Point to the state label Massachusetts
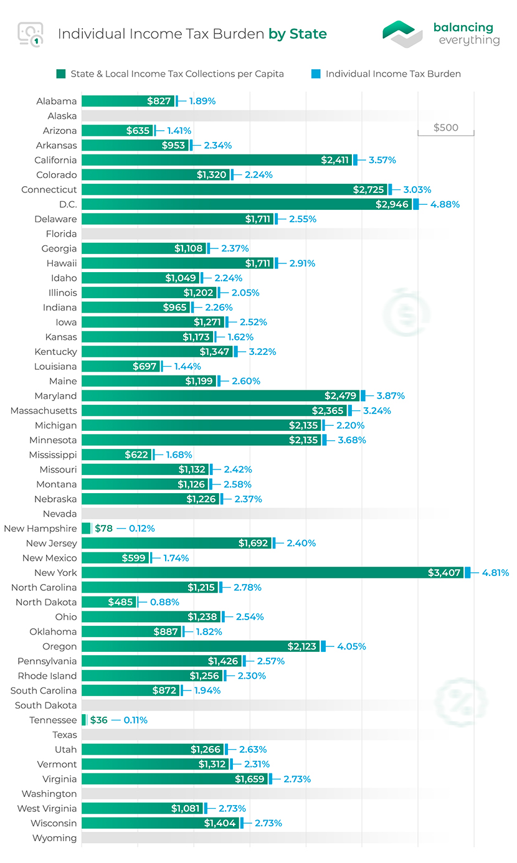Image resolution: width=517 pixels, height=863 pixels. point(44,411)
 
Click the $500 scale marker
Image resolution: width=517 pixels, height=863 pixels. point(445,128)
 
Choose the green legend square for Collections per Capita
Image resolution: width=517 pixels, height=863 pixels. point(60,73)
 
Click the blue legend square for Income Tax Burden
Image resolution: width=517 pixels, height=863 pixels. point(316,73)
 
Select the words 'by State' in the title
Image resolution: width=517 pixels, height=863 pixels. point(297,34)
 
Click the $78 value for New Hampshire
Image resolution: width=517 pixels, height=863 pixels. point(103,529)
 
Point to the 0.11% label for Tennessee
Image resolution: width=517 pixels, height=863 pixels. point(135,720)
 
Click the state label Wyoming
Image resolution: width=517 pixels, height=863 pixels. point(55,838)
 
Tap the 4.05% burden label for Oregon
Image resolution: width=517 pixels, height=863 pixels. point(351,646)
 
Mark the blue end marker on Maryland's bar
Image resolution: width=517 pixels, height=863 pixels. point(363,396)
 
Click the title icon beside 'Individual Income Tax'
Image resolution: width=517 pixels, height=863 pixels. point(31,34)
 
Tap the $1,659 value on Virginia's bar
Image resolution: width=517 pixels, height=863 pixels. point(250,779)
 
